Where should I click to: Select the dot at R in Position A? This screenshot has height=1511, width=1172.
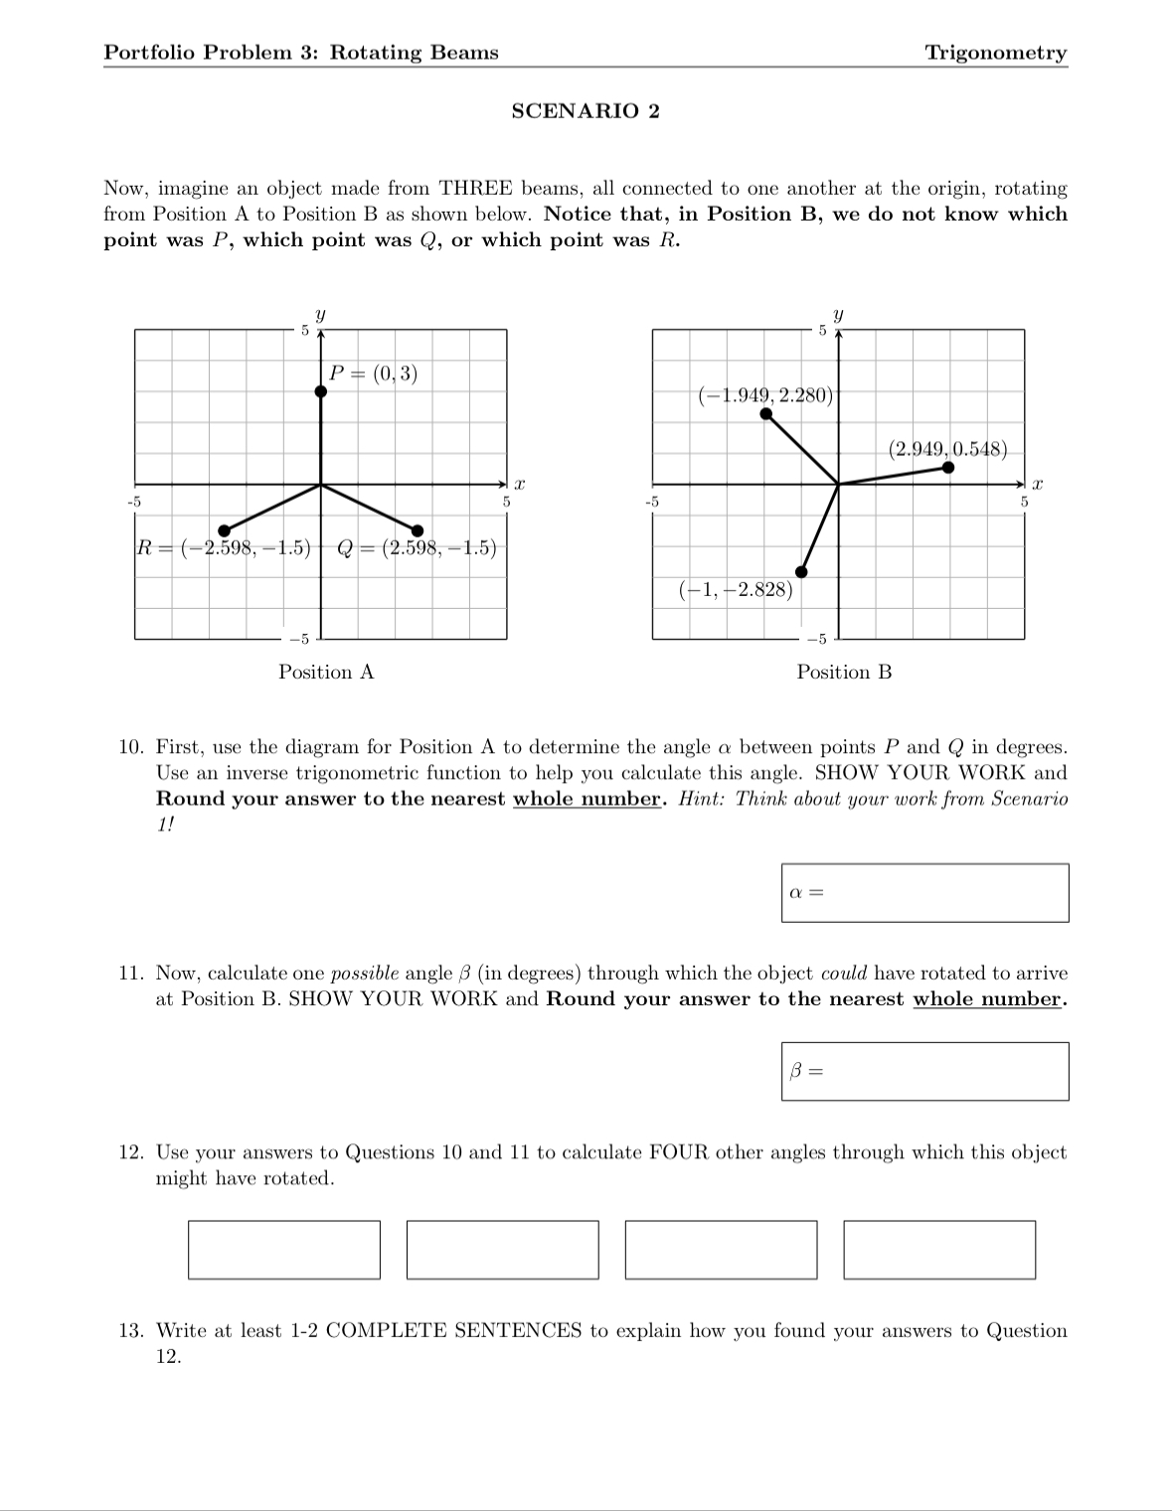pyautogui.click(x=225, y=529)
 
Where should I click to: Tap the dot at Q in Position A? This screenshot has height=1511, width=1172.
pyautogui.click(x=418, y=529)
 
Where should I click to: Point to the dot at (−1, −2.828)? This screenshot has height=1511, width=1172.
pyautogui.click(x=802, y=571)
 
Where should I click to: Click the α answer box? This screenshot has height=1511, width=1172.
pyautogui.click(x=924, y=893)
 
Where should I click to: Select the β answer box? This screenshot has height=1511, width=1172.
pyautogui.click(x=924, y=1071)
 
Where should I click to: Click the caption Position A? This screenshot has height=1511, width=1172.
pyautogui.click(x=326, y=673)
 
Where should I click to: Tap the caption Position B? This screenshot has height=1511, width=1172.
pyautogui.click(x=844, y=673)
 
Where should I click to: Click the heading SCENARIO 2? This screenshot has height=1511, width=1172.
pyautogui.click(x=585, y=111)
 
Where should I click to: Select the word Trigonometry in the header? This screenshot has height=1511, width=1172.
pyautogui.click(x=995, y=53)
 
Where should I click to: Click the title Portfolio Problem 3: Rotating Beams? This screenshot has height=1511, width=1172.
pyautogui.click(x=301, y=53)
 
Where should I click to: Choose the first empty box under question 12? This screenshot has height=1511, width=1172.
pyautogui.click(x=284, y=1250)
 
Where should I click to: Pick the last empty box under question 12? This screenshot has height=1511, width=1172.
pyautogui.click(x=939, y=1250)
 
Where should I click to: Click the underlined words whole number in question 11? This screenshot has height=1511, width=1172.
pyautogui.click(x=987, y=999)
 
